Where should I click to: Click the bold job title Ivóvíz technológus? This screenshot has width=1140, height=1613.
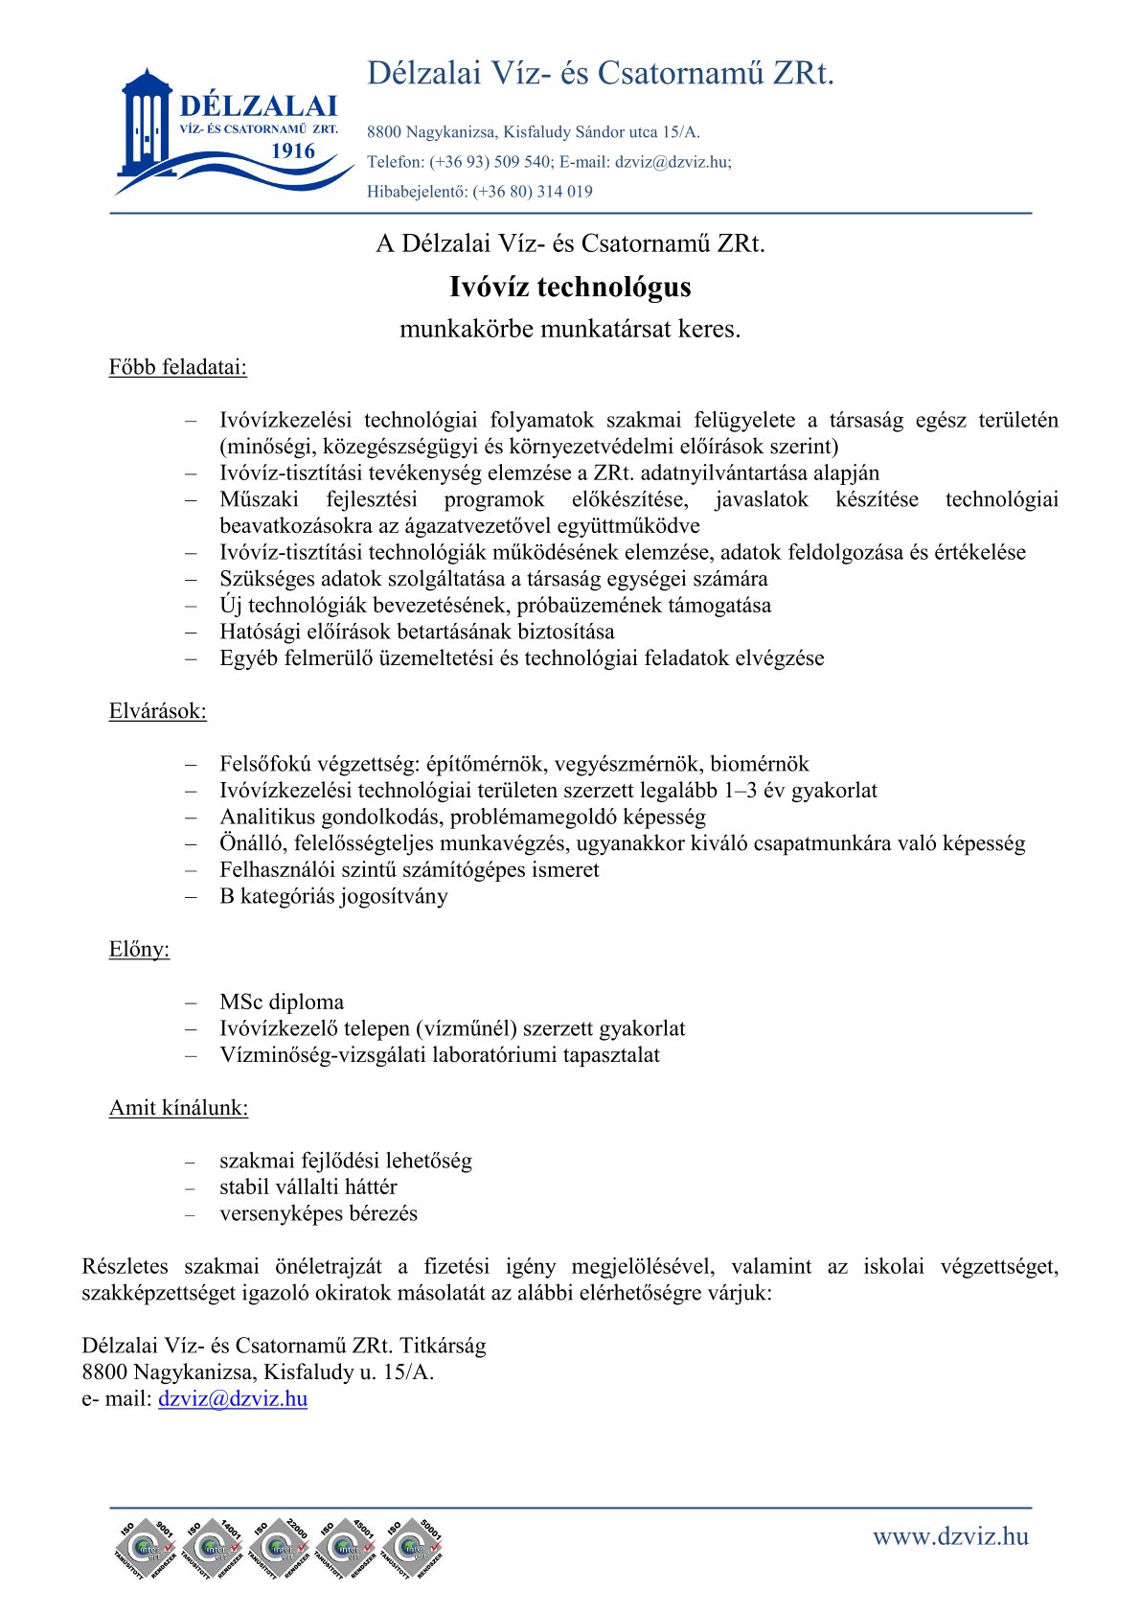[570, 288]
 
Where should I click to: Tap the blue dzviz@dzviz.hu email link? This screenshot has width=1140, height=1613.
[233, 1398]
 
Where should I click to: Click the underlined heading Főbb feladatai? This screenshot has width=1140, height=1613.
[177, 367]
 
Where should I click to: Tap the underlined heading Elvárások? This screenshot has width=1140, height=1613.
[157, 711]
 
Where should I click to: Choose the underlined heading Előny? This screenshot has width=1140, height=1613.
[139, 950]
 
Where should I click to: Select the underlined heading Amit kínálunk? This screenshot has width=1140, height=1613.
[178, 1108]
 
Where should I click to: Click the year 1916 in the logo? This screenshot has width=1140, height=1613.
[293, 151]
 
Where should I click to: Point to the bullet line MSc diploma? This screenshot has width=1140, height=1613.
[282, 1002]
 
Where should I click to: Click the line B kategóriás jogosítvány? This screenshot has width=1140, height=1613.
[333, 897]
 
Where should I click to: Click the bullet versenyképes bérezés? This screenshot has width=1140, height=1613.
[318, 1214]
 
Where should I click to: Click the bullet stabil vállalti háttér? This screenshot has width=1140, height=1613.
[308, 1187]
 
